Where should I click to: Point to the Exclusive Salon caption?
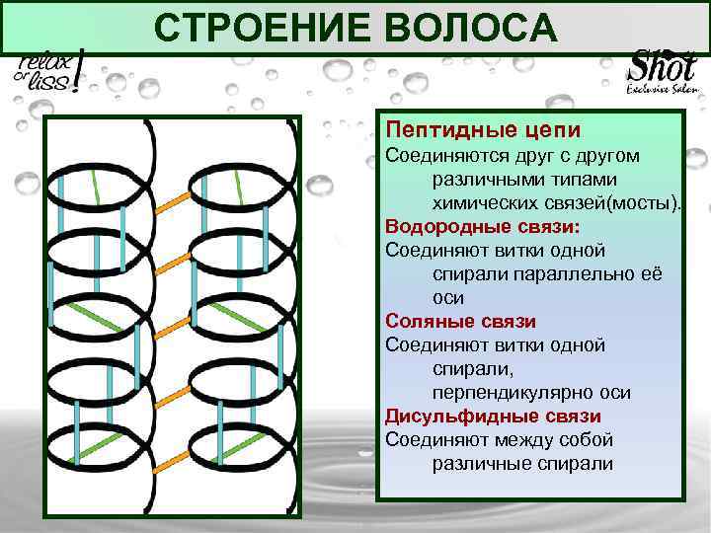[663, 90]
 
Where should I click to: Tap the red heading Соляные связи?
[460, 322]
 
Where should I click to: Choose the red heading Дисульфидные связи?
[493, 417]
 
